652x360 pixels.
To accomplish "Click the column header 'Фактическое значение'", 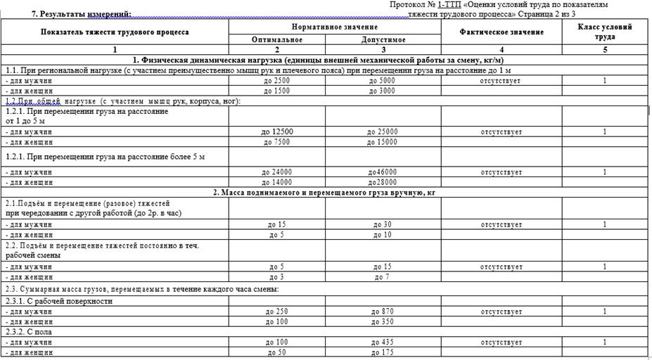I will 501,32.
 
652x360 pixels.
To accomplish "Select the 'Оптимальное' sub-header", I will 276,40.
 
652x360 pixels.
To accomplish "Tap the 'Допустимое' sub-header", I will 383,40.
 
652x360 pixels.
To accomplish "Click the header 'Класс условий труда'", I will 604,32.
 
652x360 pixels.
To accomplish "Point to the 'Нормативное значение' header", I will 335,26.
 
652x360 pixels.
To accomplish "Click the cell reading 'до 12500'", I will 276,131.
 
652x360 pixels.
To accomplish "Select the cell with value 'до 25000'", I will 383,131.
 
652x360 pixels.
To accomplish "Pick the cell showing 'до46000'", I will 383,172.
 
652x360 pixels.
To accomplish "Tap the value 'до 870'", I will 383,311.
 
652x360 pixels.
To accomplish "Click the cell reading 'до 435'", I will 383,342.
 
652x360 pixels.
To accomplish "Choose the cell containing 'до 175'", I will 383,352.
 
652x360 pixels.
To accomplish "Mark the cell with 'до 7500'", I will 276,142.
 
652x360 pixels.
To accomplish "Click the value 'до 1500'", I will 276,91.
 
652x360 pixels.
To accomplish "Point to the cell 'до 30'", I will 383,224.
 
